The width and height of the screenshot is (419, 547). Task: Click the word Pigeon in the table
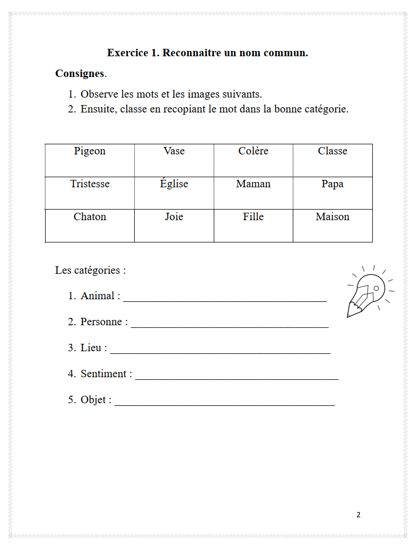pos(90,151)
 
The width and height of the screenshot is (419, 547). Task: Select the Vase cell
pos(174,151)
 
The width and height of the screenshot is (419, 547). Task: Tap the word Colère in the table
pos(253,151)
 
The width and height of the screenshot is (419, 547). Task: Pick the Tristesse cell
pos(90,184)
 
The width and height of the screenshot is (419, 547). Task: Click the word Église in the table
pos(174,184)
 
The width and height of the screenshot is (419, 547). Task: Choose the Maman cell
pos(253,184)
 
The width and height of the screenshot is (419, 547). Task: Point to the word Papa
pos(333,184)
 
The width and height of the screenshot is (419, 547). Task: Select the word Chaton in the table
pos(90,217)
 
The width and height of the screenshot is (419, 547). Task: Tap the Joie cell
pos(174,217)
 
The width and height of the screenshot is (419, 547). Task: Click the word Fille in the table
pos(253,217)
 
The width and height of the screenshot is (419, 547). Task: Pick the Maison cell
pos(333,217)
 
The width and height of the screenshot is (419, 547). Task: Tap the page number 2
pos(359,515)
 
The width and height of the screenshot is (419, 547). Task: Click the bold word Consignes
pos(80,74)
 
